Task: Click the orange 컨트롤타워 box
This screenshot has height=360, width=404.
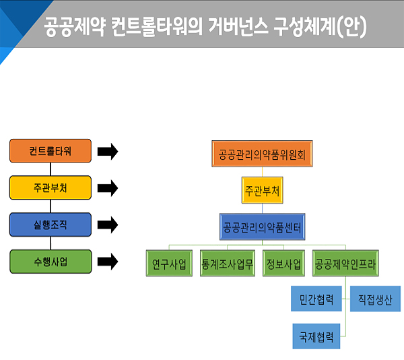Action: coord(50,151)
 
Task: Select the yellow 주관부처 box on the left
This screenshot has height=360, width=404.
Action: coord(50,187)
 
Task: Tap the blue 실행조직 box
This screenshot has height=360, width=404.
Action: coord(50,224)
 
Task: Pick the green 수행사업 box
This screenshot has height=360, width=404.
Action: coord(50,261)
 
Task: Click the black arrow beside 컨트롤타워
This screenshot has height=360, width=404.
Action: coord(108,151)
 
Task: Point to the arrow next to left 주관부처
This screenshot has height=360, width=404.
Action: coord(108,187)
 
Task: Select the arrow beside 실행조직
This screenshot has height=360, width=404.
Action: coord(108,224)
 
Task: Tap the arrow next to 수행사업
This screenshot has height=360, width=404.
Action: coord(108,261)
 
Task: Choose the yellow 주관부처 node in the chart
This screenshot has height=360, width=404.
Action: coord(263,191)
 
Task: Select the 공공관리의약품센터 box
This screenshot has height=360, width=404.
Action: coord(263,227)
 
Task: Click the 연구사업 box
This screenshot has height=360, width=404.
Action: coord(169,263)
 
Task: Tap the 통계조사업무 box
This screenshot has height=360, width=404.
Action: coord(227,263)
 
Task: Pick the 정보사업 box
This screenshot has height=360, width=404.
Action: coord(283,263)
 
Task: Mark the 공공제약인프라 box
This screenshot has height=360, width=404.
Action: coord(345,263)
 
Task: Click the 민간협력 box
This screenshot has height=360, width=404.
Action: coord(316,299)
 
